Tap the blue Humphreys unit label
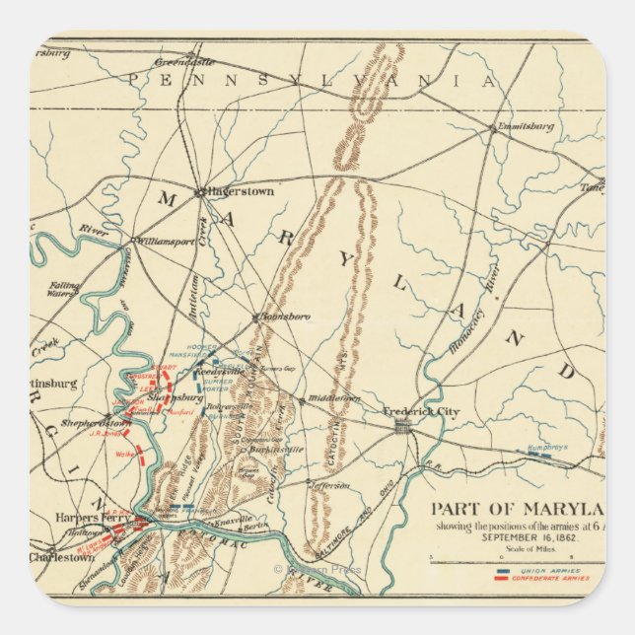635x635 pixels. tap(550, 446)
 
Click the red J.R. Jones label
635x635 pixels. tap(103, 431)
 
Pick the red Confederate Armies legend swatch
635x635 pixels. tap(504, 578)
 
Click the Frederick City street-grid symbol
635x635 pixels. tap(401, 426)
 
